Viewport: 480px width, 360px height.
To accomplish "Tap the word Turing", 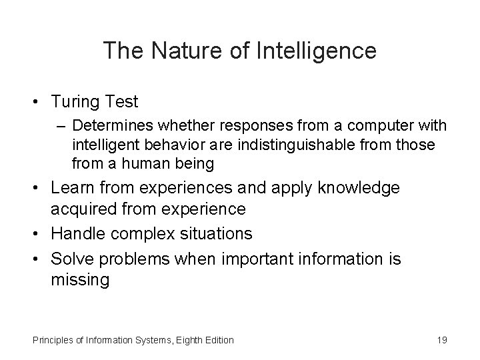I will [x=75, y=102].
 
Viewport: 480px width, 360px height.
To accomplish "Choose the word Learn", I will [x=73, y=188].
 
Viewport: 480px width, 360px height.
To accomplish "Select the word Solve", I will [x=72, y=258].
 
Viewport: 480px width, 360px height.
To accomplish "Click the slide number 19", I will [x=442, y=341].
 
